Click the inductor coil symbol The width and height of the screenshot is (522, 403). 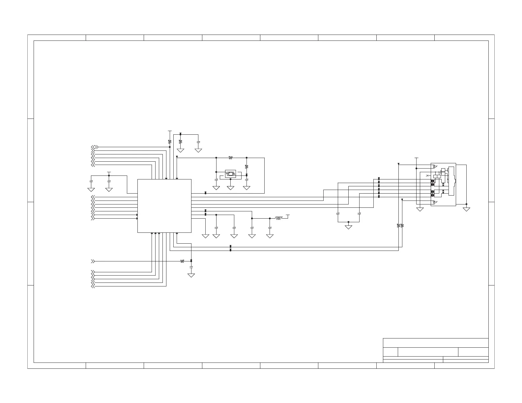click(x=278, y=218)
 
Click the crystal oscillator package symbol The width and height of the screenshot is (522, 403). click(x=230, y=174)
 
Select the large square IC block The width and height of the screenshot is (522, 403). click(x=164, y=206)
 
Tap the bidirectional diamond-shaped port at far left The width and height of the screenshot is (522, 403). click(x=95, y=147)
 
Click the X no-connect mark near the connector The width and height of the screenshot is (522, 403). click(x=427, y=175)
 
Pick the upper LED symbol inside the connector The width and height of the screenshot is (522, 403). click(x=434, y=166)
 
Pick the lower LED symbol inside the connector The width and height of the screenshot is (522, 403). click(x=434, y=201)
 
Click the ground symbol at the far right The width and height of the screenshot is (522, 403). click(x=466, y=209)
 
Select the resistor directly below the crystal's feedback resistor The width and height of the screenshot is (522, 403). click(x=246, y=167)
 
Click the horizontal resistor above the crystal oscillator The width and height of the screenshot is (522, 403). click(x=231, y=158)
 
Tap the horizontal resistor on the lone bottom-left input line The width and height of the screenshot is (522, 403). click(x=182, y=261)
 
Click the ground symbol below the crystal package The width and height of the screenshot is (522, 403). click(x=230, y=188)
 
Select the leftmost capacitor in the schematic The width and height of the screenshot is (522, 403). click(x=91, y=181)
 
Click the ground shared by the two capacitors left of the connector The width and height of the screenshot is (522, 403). click(x=348, y=227)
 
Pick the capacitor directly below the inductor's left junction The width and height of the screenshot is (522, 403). click(x=252, y=228)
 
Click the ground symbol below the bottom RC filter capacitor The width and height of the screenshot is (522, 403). click(x=191, y=275)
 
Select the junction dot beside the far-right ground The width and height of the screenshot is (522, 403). click(x=466, y=204)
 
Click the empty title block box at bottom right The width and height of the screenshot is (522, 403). click(x=435, y=343)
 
